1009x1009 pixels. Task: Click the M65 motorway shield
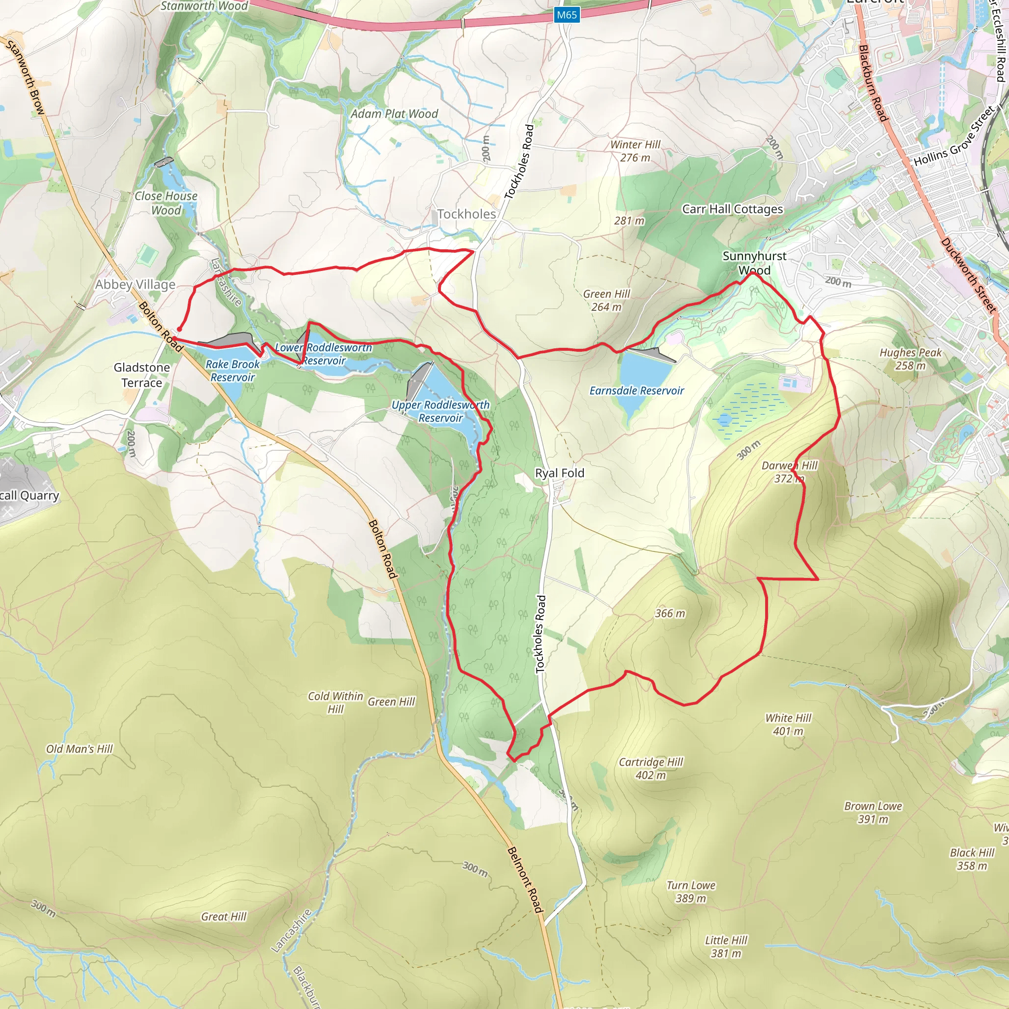click(567, 15)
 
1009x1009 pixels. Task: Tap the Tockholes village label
click(467, 214)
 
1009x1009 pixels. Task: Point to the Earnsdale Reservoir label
click(636, 391)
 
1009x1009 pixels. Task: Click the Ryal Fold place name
click(559, 473)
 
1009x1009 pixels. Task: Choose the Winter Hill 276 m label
click(635, 151)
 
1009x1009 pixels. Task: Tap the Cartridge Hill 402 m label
click(651, 768)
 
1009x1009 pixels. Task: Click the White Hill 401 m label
click(788, 724)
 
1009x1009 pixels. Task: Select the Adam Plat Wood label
click(394, 114)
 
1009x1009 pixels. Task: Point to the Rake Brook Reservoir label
click(233, 371)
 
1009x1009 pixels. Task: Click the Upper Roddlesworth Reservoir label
click(440, 411)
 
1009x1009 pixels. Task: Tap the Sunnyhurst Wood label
click(754, 263)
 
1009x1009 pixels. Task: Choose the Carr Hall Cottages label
click(732, 209)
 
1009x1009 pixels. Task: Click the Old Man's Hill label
click(79, 749)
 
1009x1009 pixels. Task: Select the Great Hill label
click(224, 916)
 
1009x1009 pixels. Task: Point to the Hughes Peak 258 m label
click(910, 359)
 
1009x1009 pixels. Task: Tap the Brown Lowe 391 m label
click(873, 812)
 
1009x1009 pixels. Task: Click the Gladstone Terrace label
click(141, 375)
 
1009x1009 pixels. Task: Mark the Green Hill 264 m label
click(606, 301)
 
